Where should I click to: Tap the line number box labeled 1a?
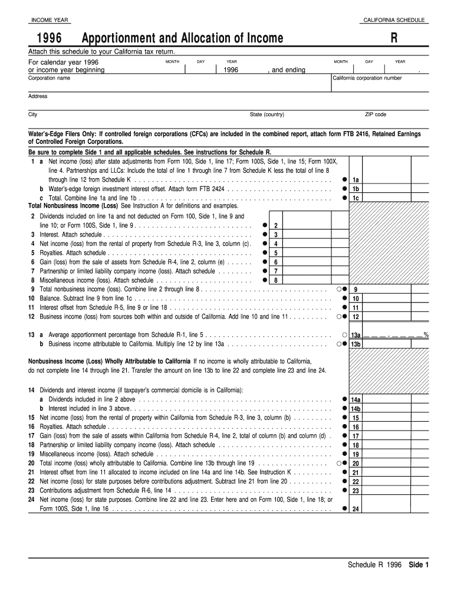pos(356,180)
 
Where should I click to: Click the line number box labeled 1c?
pos(356,198)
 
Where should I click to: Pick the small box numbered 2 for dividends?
pos(275,226)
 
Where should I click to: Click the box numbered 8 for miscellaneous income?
pos(275,280)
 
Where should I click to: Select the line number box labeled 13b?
pos(356,344)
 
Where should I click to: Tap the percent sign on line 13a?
pos(426,335)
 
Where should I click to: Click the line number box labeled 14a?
pos(356,399)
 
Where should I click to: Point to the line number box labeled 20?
pos(356,464)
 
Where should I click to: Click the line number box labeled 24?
pos(356,510)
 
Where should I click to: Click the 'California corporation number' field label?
pos(367,78)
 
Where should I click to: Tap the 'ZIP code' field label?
pos(376,114)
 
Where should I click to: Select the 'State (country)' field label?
pos(267,114)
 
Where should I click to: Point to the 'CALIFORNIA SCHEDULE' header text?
pos(394,21)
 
